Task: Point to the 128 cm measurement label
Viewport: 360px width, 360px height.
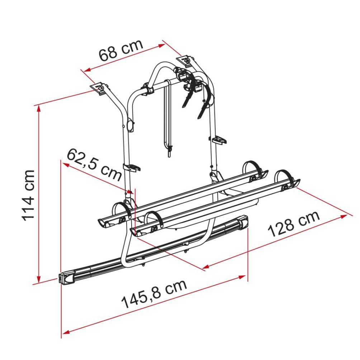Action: pos(294,224)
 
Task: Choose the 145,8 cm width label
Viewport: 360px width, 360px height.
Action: pos(154,294)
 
